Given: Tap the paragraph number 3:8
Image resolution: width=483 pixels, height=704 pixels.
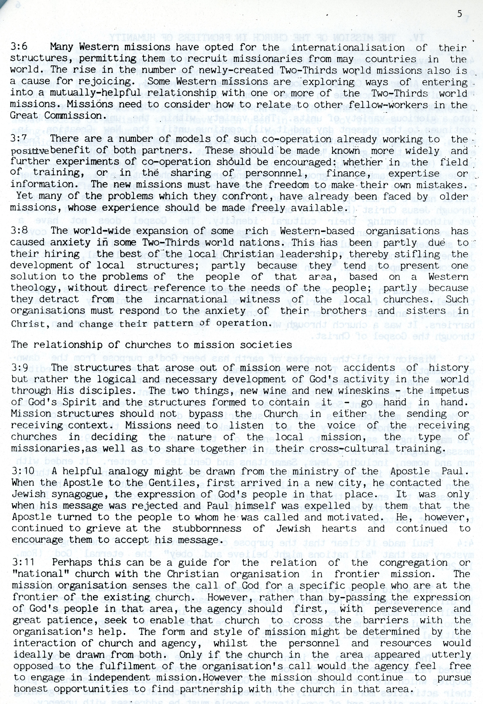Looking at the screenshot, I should (x=19, y=231).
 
